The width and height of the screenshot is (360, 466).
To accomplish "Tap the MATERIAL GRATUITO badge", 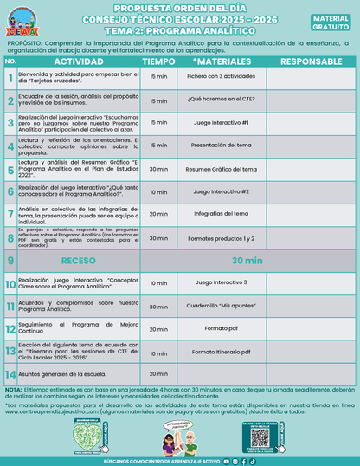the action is [x=331, y=22].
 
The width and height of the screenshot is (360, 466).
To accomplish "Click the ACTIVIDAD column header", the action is [x=79, y=62].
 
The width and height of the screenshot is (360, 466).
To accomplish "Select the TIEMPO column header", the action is [x=158, y=62].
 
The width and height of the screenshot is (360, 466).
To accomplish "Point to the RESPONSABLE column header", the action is [x=311, y=62].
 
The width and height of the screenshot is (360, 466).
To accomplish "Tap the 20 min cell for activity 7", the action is [x=158, y=213].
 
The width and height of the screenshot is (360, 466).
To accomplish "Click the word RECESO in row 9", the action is [x=79, y=259].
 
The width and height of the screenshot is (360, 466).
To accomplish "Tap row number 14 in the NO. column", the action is [x=10, y=374].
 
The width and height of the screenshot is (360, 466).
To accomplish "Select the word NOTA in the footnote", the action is [x=13, y=389].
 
